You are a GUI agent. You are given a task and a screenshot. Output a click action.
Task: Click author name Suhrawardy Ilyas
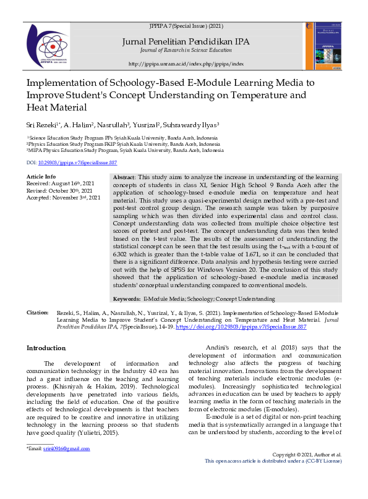[x=198, y=124]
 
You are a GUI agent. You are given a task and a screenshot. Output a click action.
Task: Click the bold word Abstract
[x=125, y=177]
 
